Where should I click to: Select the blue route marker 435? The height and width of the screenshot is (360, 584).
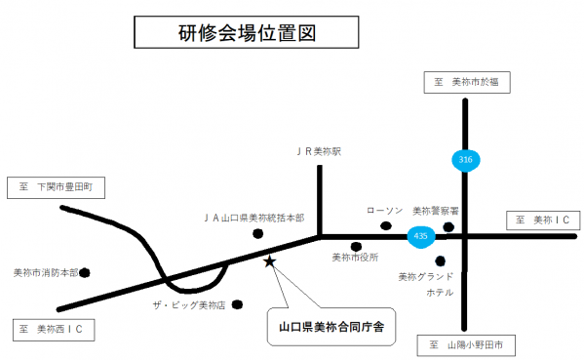tap(420, 235)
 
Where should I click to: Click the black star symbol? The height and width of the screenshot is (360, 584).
tap(270, 260)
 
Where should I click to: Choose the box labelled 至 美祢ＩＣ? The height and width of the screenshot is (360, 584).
tap(541, 221)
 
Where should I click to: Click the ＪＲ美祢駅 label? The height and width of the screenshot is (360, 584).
tap(319, 151)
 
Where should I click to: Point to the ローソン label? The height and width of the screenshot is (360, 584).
tap(384, 210)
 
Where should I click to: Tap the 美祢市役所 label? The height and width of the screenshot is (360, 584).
tap(355, 258)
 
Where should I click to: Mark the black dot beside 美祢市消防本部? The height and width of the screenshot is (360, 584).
tap(85, 273)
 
